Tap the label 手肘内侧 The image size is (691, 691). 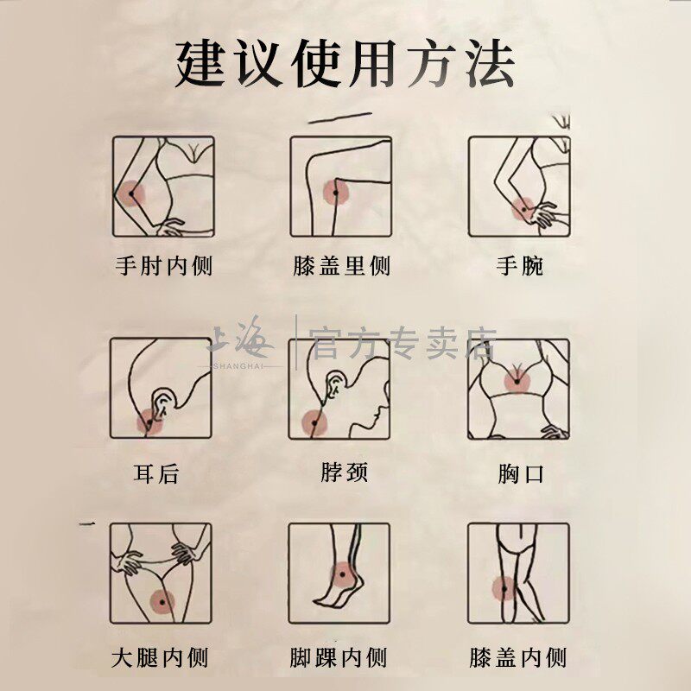163,265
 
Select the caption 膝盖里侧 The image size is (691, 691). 342,265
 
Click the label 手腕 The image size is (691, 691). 519,265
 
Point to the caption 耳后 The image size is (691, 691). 156,473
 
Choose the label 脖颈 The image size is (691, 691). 344,472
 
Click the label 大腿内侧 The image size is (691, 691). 161,658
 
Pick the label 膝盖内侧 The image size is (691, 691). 518,658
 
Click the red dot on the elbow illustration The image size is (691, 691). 132,194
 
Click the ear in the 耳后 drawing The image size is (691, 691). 162,404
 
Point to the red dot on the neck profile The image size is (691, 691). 314,423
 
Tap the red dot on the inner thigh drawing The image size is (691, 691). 161,602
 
